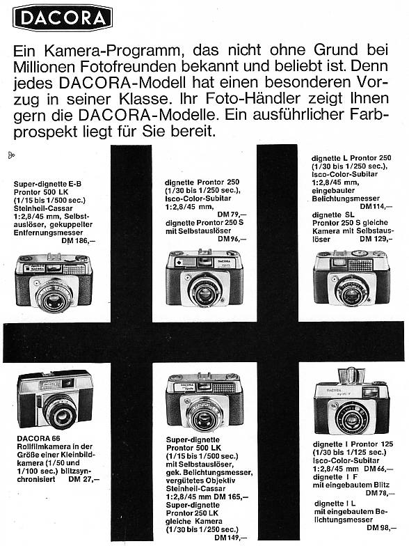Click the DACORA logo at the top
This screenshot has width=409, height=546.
point(63,17)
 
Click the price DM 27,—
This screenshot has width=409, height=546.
point(84,478)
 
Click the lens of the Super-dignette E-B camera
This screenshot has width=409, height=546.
point(54,296)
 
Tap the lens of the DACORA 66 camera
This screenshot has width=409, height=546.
point(61,411)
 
